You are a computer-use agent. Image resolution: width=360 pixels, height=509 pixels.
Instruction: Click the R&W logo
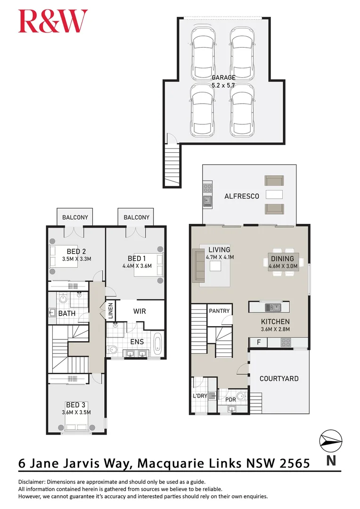pyautogui.click(x=53, y=22)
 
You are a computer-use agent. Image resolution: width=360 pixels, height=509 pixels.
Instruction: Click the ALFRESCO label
pyautogui.click(x=242, y=196)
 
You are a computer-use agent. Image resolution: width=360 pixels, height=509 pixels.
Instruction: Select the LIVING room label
pyautogui.click(x=220, y=250)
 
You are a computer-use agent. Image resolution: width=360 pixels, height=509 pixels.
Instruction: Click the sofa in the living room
pyautogui.click(x=197, y=266)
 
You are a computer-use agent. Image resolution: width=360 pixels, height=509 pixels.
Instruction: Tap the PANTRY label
pyautogui.click(x=220, y=311)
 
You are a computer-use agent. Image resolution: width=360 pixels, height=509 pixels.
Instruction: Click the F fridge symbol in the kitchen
pyautogui.click(x=258, y=343)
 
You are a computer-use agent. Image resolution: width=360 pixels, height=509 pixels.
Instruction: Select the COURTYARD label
pyautogui.click(x=279, y=378)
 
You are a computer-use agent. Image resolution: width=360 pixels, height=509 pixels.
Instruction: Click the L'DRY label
pyautogui.click(x=200, y=396)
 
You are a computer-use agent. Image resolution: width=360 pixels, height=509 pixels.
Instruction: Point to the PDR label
pyautogui.click(x=230, y=400)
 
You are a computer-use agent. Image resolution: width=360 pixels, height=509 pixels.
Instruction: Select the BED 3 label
pyautogui.click(x=76, y=405)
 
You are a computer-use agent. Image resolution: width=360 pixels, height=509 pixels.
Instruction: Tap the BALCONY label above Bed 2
pyautogui.click(x=75, y=217)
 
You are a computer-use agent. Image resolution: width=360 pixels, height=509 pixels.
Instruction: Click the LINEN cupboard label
pyautogui.click(x=111, y=312)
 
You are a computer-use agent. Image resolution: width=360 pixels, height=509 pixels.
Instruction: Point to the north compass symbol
pyautogui.click(x=331, y=441)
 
